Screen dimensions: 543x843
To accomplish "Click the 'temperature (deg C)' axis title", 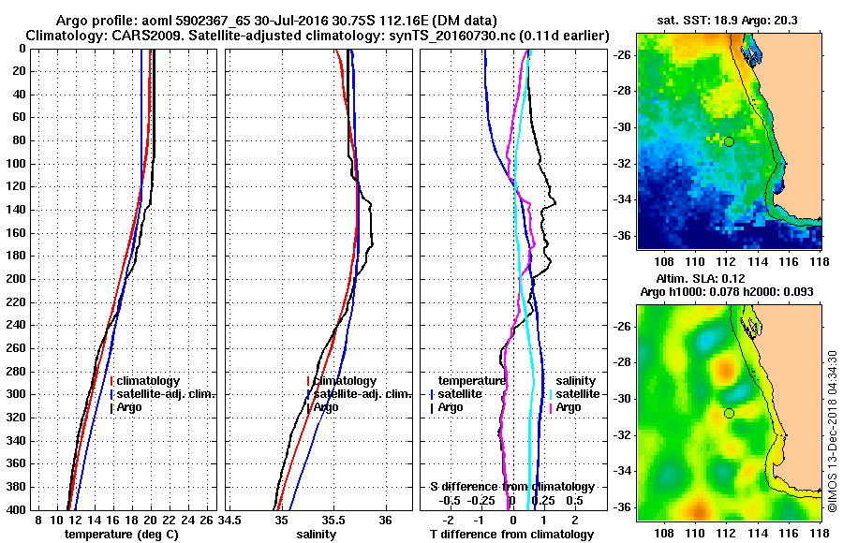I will click(121, 535).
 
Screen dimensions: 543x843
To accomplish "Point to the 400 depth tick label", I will click(17, 509).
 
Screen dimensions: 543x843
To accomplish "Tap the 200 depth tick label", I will click(17, 279).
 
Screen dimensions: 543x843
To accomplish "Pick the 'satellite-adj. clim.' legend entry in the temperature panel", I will click(165, 394).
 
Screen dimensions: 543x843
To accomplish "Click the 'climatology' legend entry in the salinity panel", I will click(344, 381).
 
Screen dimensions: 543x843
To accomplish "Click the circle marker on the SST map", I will click(729, 141).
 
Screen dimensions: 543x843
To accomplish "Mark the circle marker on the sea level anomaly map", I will click(729, 413).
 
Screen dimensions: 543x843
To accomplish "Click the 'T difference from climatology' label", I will click(511, 535).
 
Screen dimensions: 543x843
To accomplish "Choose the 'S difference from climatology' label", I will click(511, 487).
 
